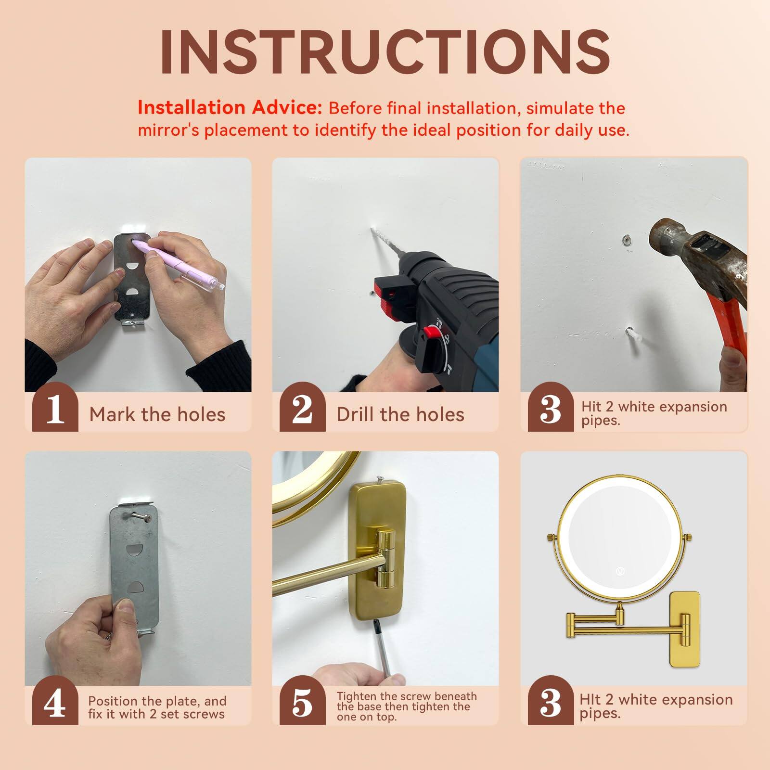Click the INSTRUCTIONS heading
pos(385,52)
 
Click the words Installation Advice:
pos(230,108)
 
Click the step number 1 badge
pos(55,410)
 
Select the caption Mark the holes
pos(157,414)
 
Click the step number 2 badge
pos(302,410)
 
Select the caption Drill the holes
pos(400,414)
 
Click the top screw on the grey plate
pos(139,516)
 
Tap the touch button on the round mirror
pos(620,572)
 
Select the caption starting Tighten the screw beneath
pos(407,706)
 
